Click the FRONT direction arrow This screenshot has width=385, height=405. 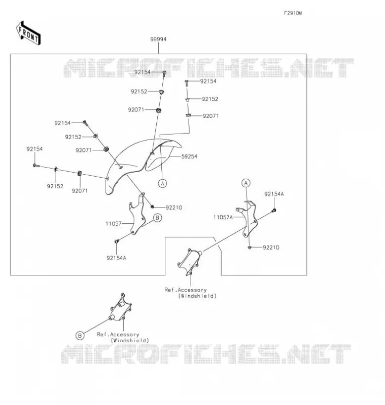[x=28, y=33]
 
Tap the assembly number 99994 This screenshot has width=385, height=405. [x=158, y=39]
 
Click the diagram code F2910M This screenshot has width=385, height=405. [x=293, y=13]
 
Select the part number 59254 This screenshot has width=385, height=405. [x=189, y=156]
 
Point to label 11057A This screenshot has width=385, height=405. [x=223, y=217]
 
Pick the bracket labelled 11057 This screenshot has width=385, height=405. [x=137, y=214]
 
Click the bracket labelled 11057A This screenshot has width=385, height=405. [x=247, y=220]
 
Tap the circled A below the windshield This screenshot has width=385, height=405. [x=162, y=183]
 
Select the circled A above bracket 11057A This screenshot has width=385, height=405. [x=246, y=183]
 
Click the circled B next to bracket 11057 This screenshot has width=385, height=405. [x=158, y=218]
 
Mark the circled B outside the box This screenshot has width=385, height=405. [x=80, y=336]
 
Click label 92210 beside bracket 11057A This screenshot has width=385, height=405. [x=271, y=248]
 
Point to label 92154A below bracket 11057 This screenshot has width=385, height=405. [x=116, y=258]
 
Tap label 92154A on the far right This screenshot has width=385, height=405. [x=274, y=194]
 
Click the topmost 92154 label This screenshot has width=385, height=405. [x=143, y=72]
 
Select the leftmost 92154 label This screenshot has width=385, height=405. [x=34, y=149]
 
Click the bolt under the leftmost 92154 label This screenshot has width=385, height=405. [x=36, y=166]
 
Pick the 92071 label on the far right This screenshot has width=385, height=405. [x=211, y=116]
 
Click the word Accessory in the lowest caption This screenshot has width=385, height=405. [x=125, y=335]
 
